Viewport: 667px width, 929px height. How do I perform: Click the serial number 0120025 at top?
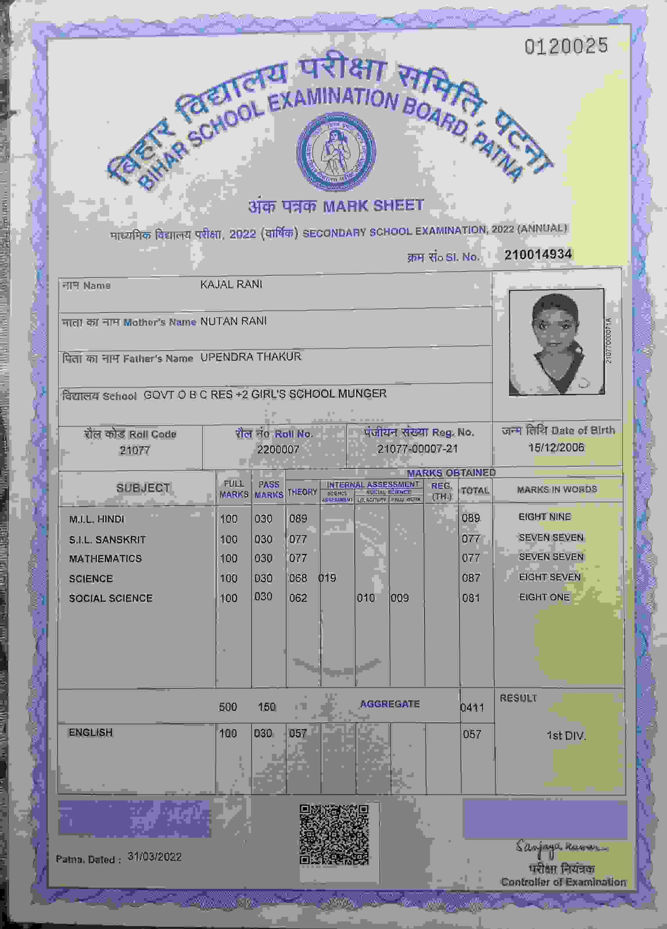[x=566, y=46]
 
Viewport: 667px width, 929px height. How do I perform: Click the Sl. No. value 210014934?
[x=538, y=255]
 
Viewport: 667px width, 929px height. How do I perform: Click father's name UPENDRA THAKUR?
[x=250, y=357]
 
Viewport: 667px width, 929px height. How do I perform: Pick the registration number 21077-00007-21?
[x=417, y=449]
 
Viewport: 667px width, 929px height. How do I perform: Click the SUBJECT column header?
[x=143, y=488]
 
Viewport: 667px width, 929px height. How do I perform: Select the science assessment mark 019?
[x=327, y=578]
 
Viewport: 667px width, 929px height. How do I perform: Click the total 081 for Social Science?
[x=471, y=598]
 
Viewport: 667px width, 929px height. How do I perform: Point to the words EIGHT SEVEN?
[x=550, y=577]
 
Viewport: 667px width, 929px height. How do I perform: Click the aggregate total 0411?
[x=472, y=707]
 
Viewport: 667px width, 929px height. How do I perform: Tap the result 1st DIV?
[x=566, y=736]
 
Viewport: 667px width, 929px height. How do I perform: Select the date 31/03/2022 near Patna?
[x=154, y=857]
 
